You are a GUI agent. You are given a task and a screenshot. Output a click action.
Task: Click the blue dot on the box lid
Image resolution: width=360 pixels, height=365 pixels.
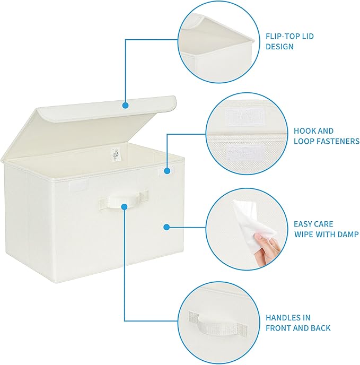[x=125, y=105]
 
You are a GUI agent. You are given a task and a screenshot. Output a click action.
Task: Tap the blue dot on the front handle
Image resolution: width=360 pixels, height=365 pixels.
[x=125, y=206]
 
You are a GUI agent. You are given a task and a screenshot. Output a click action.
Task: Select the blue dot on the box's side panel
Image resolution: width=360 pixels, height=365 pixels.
[x=166, y=227]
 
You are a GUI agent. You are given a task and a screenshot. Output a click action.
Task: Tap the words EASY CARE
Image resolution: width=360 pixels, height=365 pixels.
[x=314, y=224]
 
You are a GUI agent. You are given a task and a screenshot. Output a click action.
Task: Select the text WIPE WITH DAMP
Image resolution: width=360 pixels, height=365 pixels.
[x=327, y=234]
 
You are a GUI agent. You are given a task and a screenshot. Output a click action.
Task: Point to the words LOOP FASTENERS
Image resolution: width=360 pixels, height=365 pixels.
[x=327, y=141]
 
